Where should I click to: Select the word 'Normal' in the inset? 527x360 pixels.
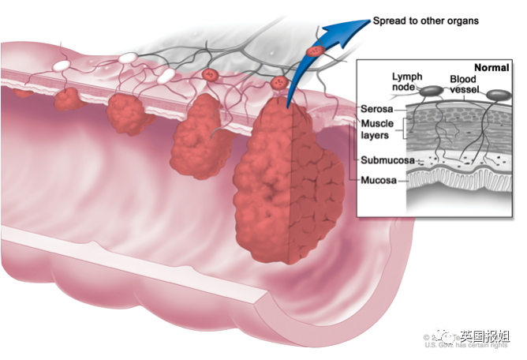(x=491, y=68)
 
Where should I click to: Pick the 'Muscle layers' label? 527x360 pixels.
(x=378, y=129)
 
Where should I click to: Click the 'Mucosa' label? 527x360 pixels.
(x=379, y=181)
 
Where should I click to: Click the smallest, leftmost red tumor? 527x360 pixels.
(x=67, y=99)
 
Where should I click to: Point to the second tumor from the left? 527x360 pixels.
(x=129, y=113)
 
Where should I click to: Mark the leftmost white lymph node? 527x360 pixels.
(x=61, y=62)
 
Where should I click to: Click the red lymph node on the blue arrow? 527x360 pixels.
(x=316, y=51)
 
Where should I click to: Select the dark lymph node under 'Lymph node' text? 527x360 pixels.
(x=430, y=92)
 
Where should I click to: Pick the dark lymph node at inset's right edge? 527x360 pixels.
(x=498, y=96)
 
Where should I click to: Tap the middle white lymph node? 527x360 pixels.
(x=127, y=58)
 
